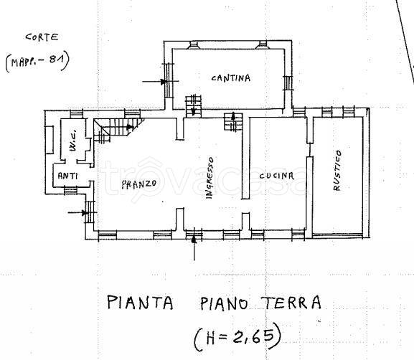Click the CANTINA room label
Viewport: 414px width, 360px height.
click(231, 78)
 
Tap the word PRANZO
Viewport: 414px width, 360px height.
click(139, 184)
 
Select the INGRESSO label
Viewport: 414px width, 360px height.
click(210, 178)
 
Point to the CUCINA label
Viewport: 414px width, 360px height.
click(276, 176)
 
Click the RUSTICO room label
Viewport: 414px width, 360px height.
click(337, 171)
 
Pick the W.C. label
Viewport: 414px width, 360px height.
click(73, 140)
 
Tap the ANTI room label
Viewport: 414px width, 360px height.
click(67, 176)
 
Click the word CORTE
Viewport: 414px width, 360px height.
click(42, 37)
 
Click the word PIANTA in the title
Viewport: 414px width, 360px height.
click(140, 303)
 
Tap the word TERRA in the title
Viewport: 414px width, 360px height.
click(293, 303)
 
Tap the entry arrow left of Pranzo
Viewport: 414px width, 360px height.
click(77, 212)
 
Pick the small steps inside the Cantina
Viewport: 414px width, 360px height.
click(193, 106)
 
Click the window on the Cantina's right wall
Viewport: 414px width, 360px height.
click(288, 83)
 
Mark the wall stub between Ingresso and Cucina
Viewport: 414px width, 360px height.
click(246, 158)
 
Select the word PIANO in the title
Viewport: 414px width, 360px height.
click(224, 303)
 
